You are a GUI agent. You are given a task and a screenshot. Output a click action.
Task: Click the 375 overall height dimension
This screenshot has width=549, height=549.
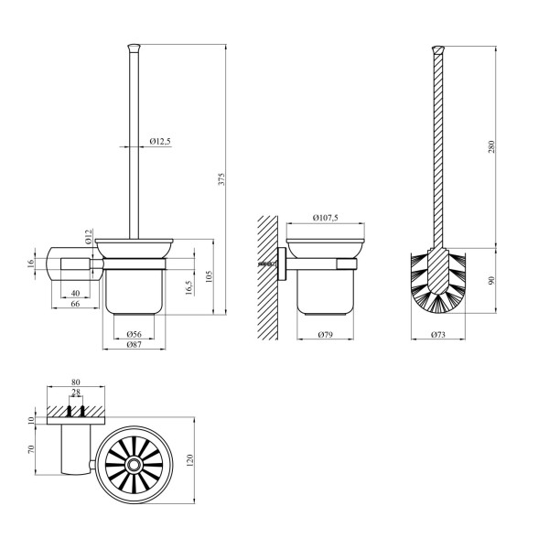(x=222, y=179)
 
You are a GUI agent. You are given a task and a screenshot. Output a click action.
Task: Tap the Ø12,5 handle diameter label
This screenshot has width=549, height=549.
(x=160, y=141)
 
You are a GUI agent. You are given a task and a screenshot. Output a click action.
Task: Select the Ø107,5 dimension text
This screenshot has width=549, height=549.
(x=326, y=218)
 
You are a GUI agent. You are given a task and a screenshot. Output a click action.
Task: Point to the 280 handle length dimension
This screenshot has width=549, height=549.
(x=491, y=146)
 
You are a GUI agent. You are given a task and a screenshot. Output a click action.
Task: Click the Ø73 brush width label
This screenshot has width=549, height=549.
(x=438, y=334)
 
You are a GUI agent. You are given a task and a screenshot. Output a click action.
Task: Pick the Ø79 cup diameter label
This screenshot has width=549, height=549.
(x=325, y=334)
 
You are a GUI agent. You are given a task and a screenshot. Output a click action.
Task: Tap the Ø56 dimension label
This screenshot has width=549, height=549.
(x=134, y=334)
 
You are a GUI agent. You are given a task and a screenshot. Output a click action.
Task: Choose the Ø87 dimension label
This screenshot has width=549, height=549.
(x=134, y=345)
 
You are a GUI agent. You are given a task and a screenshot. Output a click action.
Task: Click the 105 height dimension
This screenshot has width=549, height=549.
(x=209, y=276)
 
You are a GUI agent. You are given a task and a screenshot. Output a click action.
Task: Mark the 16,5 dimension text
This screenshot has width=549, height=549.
(x=189, y=288)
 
